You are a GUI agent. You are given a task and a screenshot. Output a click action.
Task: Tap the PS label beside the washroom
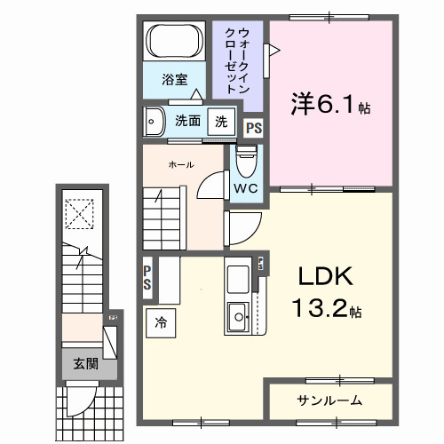click(x=253, y=128)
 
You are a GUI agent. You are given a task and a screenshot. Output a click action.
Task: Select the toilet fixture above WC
click(x=246, y=162)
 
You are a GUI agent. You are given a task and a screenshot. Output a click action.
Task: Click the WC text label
click(x=246, y=188)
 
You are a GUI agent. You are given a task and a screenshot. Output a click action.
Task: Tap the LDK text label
click(x=324, y=278)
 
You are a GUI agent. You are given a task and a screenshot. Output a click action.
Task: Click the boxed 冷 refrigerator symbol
click(x=161, y=321)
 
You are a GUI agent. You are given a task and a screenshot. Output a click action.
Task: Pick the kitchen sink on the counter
click(x=240, y=315)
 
